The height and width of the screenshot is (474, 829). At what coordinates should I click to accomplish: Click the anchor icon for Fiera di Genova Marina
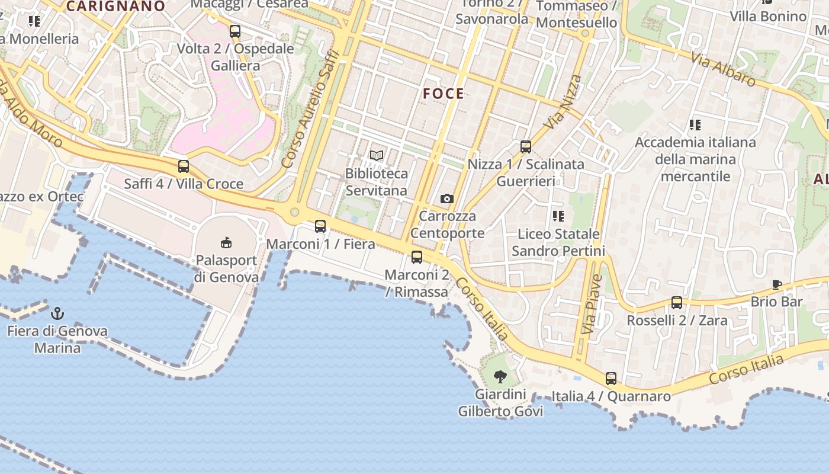coord(57,313)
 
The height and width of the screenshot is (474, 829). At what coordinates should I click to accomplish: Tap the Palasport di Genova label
coord(226,268)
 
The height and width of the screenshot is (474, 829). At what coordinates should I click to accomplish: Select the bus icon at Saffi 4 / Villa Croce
coord(184,166)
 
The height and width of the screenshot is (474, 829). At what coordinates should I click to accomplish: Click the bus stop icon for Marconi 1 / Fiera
coord(320,226)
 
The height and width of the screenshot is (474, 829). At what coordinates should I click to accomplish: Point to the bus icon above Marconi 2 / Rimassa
coord(417,257)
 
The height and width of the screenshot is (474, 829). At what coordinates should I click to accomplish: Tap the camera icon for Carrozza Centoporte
coord(447,198)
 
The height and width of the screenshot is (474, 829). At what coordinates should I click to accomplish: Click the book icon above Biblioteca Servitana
coord(377,156)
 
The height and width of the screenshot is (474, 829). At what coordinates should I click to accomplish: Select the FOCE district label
coord(444,94)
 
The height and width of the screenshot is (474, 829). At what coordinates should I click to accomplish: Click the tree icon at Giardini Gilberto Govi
coord(500,376)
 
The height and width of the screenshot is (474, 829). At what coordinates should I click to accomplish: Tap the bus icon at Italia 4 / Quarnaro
coord(611,378)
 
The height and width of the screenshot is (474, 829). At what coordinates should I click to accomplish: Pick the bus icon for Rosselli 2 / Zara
coord(677,302)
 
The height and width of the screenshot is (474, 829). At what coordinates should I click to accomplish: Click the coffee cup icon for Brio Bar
coord(777,284)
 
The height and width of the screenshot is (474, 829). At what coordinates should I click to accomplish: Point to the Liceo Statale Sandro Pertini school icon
coord(558,216)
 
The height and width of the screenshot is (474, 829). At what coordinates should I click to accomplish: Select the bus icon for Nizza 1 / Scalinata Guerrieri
coord(525,146)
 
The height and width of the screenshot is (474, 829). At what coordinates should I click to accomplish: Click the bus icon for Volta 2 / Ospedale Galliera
coord(235,31)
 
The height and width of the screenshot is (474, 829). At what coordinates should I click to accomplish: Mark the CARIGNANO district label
coord(115,7)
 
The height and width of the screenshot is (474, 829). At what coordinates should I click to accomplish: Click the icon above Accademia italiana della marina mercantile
coord(695,124)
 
